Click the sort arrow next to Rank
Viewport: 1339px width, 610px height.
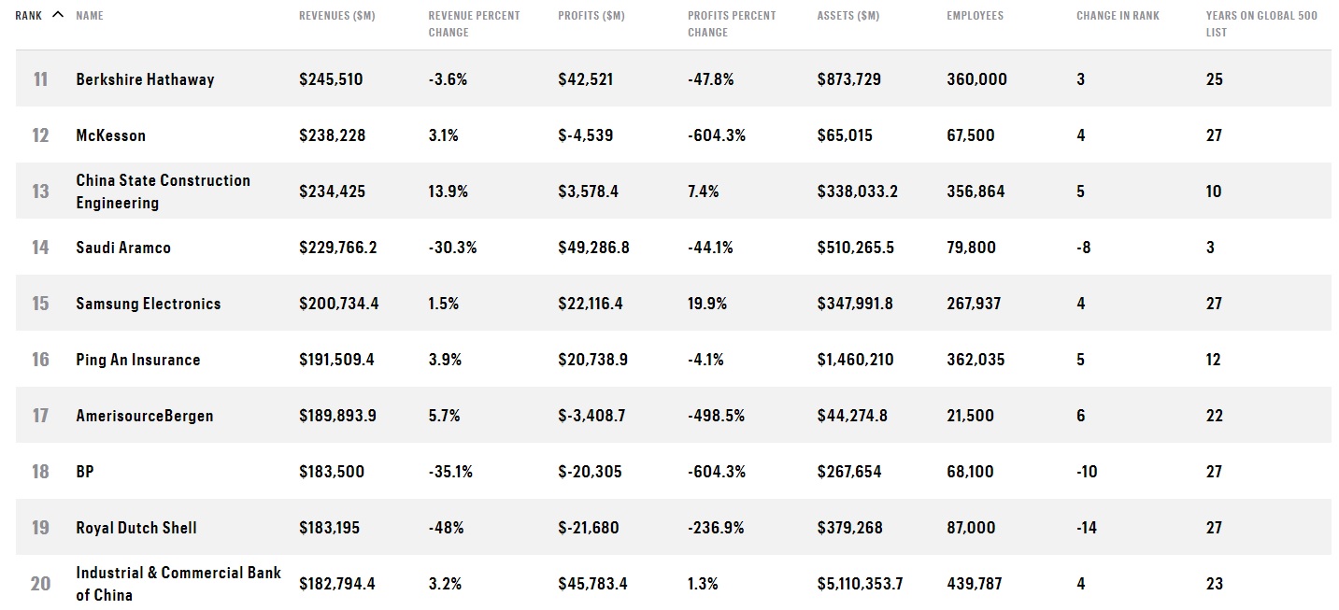click(x=57, y=14)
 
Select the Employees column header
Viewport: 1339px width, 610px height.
click(x=975, y=16)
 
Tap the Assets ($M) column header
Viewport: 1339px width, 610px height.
click(x=848, y=16)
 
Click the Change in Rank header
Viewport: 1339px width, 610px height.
click(x=1118, y=16)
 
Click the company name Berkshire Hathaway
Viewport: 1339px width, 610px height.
click(x=145, y=79)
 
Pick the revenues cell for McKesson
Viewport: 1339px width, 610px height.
click(x=333, y=135)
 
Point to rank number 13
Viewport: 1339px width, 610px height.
click(x=40, y=192)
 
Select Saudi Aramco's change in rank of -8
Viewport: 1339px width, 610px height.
click(x=1084, y=248)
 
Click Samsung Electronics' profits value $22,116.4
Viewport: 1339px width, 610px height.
click(x=591, y=304)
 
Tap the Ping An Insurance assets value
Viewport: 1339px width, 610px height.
click(x=855, y=360)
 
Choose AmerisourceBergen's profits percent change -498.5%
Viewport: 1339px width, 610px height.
click(x=716, y=416)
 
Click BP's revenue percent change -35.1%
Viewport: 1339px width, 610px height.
click(x=450, y=472)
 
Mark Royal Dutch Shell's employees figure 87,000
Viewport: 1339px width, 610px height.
click(x=972, y=528)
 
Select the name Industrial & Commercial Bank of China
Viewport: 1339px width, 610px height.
click(x=178, y=584)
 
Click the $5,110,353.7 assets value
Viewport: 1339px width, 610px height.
click(x=861, y=584)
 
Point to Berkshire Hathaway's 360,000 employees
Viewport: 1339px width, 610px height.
click(x=976, y=79)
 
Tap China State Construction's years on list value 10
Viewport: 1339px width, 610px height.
click(x=1214, y=192)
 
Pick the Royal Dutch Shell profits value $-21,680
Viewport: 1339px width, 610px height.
click(x=589, y=528)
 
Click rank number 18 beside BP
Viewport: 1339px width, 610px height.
click(x=40, y=472)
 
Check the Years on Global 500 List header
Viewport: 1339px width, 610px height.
click(x=1261, y=24)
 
